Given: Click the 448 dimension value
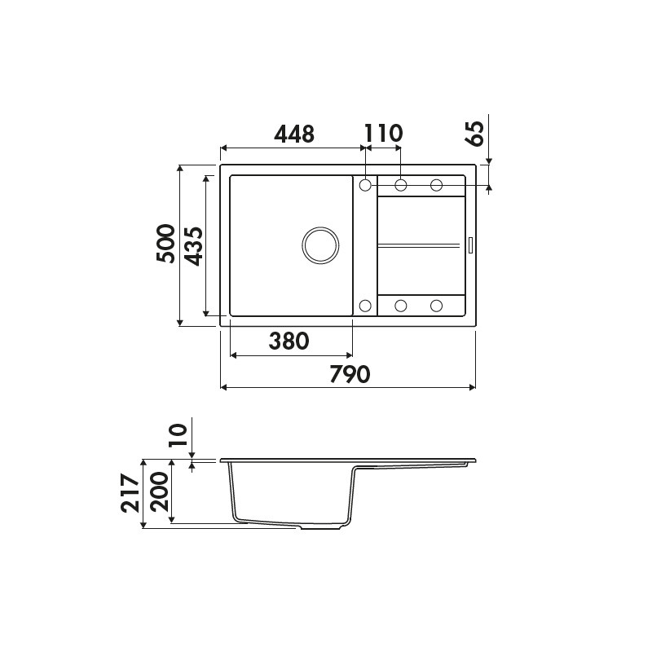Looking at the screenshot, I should pos(293,134).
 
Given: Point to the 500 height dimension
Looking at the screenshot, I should pos(166,243).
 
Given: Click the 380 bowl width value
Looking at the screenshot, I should pos(289,341).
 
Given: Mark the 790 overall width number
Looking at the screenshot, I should pos(350,374).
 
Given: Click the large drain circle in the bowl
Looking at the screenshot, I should pos(319,244).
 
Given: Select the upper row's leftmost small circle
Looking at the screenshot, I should pos(365,185).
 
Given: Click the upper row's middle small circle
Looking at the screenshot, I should pos(401,185).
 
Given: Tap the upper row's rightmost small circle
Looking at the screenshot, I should pos(436,185).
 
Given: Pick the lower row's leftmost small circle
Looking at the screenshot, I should pos(365,306).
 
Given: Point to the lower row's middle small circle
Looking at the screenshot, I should pos(401,306).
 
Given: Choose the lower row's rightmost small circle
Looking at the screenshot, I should pos(436,306).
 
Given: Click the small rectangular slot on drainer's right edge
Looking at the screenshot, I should pos(469,244).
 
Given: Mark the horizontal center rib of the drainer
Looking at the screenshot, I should pos(420,244).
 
